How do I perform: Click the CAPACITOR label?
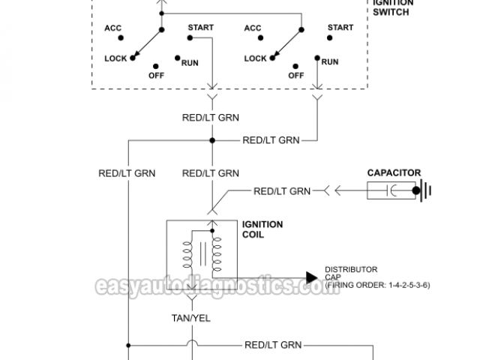(394, 172)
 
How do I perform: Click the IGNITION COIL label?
(262, 229)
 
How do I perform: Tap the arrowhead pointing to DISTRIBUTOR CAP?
(312, 277)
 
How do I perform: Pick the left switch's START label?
(201, 28)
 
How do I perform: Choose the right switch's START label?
(340, 28)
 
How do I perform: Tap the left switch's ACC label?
(113, 29)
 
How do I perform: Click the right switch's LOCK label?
(256, 58)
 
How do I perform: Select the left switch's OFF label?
(156, 74)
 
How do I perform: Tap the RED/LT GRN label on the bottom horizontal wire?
(273, 345)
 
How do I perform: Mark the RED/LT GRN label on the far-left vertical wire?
(127, 172)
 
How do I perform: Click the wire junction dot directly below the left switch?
(213, 140)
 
